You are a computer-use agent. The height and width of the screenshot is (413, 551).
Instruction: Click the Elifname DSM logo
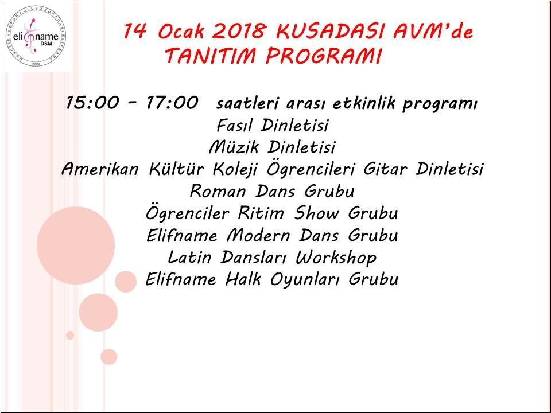(36, 37)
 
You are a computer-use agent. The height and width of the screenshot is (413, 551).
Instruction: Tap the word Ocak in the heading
(181, 31)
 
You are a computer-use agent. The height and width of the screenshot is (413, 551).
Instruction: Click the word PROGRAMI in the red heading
(323, 56)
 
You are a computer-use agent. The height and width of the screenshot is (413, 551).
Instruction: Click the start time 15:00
(92, 103)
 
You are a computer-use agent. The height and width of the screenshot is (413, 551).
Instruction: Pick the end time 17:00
(172, 103)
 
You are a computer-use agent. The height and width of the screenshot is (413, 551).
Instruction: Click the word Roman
(218, 192)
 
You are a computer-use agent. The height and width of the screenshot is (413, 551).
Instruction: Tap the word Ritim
(261, 213)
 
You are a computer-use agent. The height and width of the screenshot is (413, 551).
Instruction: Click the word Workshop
(336, 258)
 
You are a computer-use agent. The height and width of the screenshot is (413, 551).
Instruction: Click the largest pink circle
(76, 246)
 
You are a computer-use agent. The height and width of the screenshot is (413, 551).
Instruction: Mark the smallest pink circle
(70, 335)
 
